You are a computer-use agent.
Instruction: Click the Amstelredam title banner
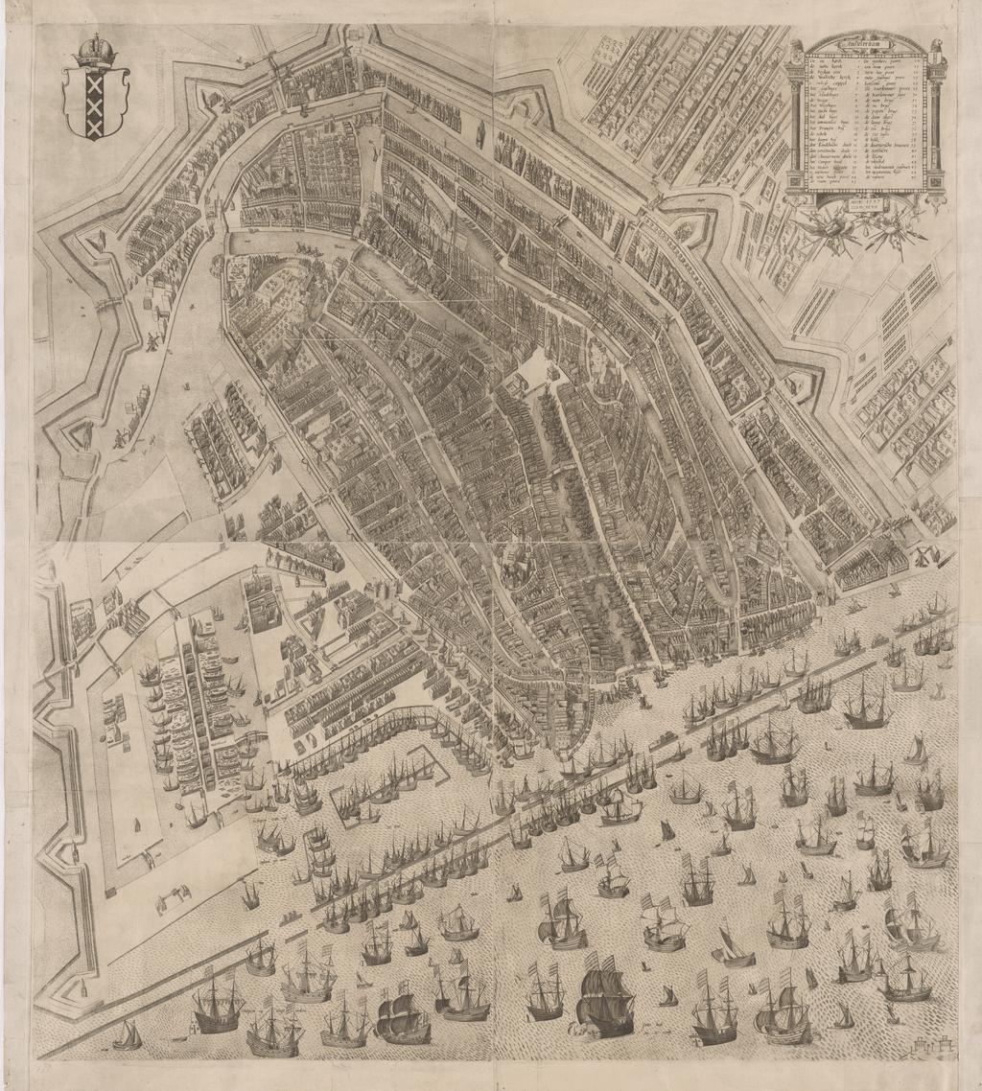click(x=865, y=43)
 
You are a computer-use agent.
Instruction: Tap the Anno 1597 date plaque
click(x=865, y=203)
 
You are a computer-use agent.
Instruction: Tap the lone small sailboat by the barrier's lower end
click(x=127, y=1035)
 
